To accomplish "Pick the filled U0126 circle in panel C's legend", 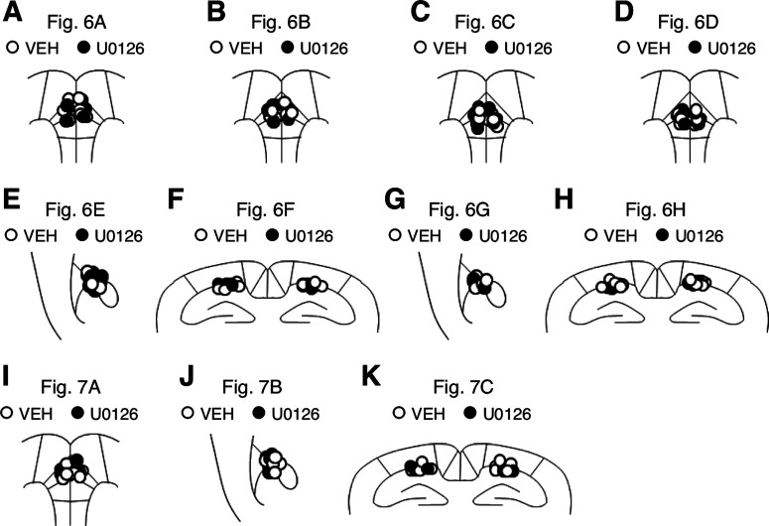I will pos(489,47).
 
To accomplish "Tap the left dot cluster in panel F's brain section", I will pos(228,286).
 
